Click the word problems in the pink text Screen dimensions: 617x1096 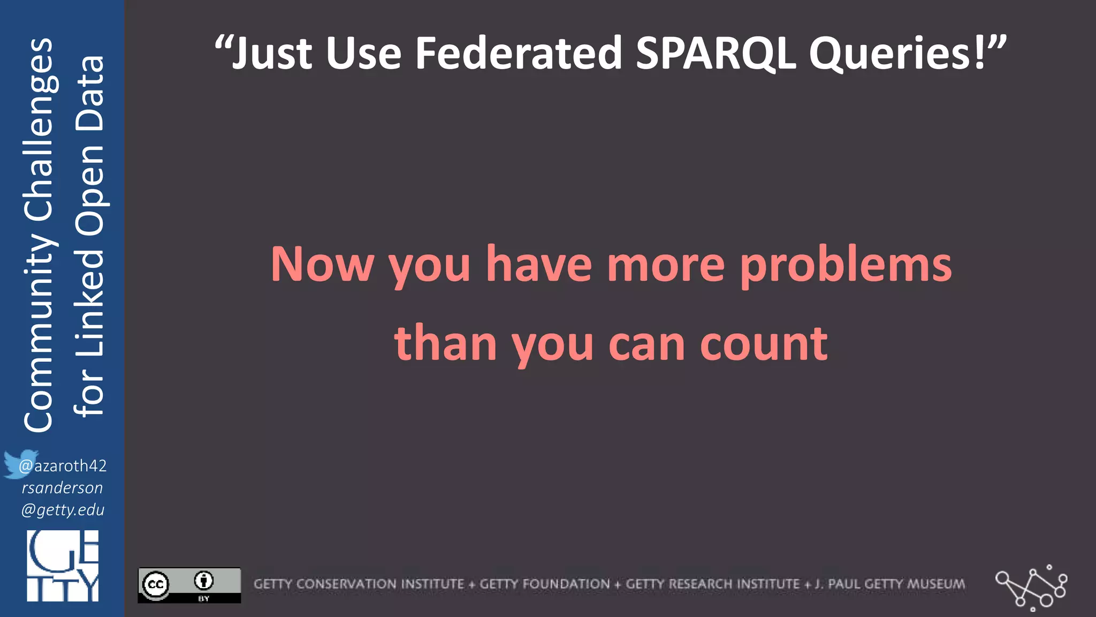[846, 265]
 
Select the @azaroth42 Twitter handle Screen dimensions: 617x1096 [63, 466]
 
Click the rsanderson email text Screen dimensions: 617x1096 [62, 488]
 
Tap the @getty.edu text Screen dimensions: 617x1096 [63, 510]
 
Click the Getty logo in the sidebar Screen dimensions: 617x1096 [63, 566]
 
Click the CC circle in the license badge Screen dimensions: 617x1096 [156, 584]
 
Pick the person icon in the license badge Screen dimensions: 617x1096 [204, 581]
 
